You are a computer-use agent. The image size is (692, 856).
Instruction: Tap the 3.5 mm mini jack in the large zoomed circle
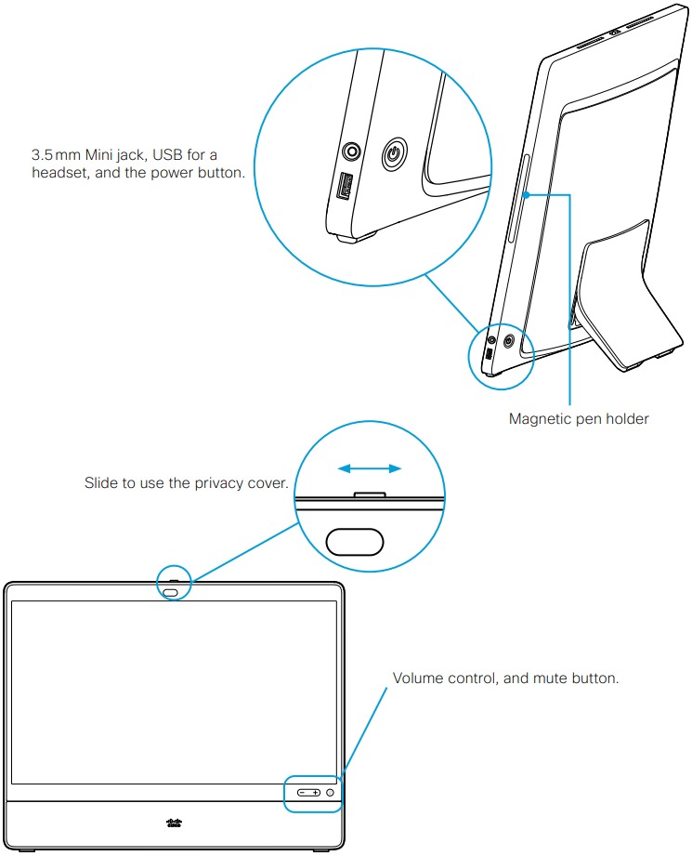coord(352,151)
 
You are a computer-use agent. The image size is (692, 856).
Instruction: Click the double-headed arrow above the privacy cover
coord(369,468)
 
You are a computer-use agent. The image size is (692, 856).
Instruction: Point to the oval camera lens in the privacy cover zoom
coord(354,540)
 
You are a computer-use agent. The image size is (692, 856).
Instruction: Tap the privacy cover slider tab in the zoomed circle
coord(371,495)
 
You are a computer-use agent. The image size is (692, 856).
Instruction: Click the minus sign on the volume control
coord(303,792)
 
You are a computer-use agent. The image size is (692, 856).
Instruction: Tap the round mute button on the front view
coord(330,792)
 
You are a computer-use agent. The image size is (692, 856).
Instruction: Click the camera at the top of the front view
coord(172,590)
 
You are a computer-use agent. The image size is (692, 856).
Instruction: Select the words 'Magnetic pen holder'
coord(578,419)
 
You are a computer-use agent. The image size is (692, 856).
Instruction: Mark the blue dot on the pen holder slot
coord(525,194)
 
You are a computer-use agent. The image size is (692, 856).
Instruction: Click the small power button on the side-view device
coord(508,341)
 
